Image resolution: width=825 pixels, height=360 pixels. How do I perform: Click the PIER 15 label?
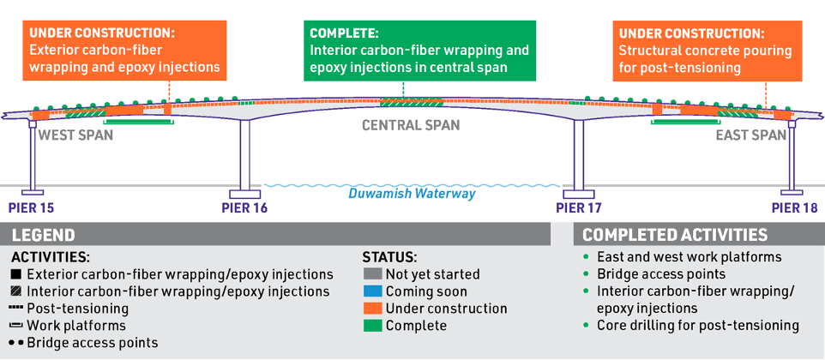pos(31,207)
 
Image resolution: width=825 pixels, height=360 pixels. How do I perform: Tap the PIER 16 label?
pos(244,207)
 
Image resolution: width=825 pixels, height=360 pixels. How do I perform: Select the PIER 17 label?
pos(579,207)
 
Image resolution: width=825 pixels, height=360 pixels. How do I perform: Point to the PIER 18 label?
pos(794,207)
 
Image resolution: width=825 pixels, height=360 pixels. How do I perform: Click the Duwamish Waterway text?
pos(412,195)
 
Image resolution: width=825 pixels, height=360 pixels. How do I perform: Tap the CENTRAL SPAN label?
pos(410,126)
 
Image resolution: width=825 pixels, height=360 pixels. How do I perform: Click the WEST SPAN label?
pos(76,135)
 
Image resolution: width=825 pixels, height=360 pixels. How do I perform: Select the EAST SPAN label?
pos(750,135)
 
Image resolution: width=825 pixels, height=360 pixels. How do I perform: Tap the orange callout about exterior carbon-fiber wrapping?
pos(124,50)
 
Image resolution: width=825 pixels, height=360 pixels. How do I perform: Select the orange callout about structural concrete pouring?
pos(707,50)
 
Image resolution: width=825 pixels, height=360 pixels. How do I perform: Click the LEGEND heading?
pos(43,235)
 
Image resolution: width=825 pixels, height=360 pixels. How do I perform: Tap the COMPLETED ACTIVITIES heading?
pos(675,235)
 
